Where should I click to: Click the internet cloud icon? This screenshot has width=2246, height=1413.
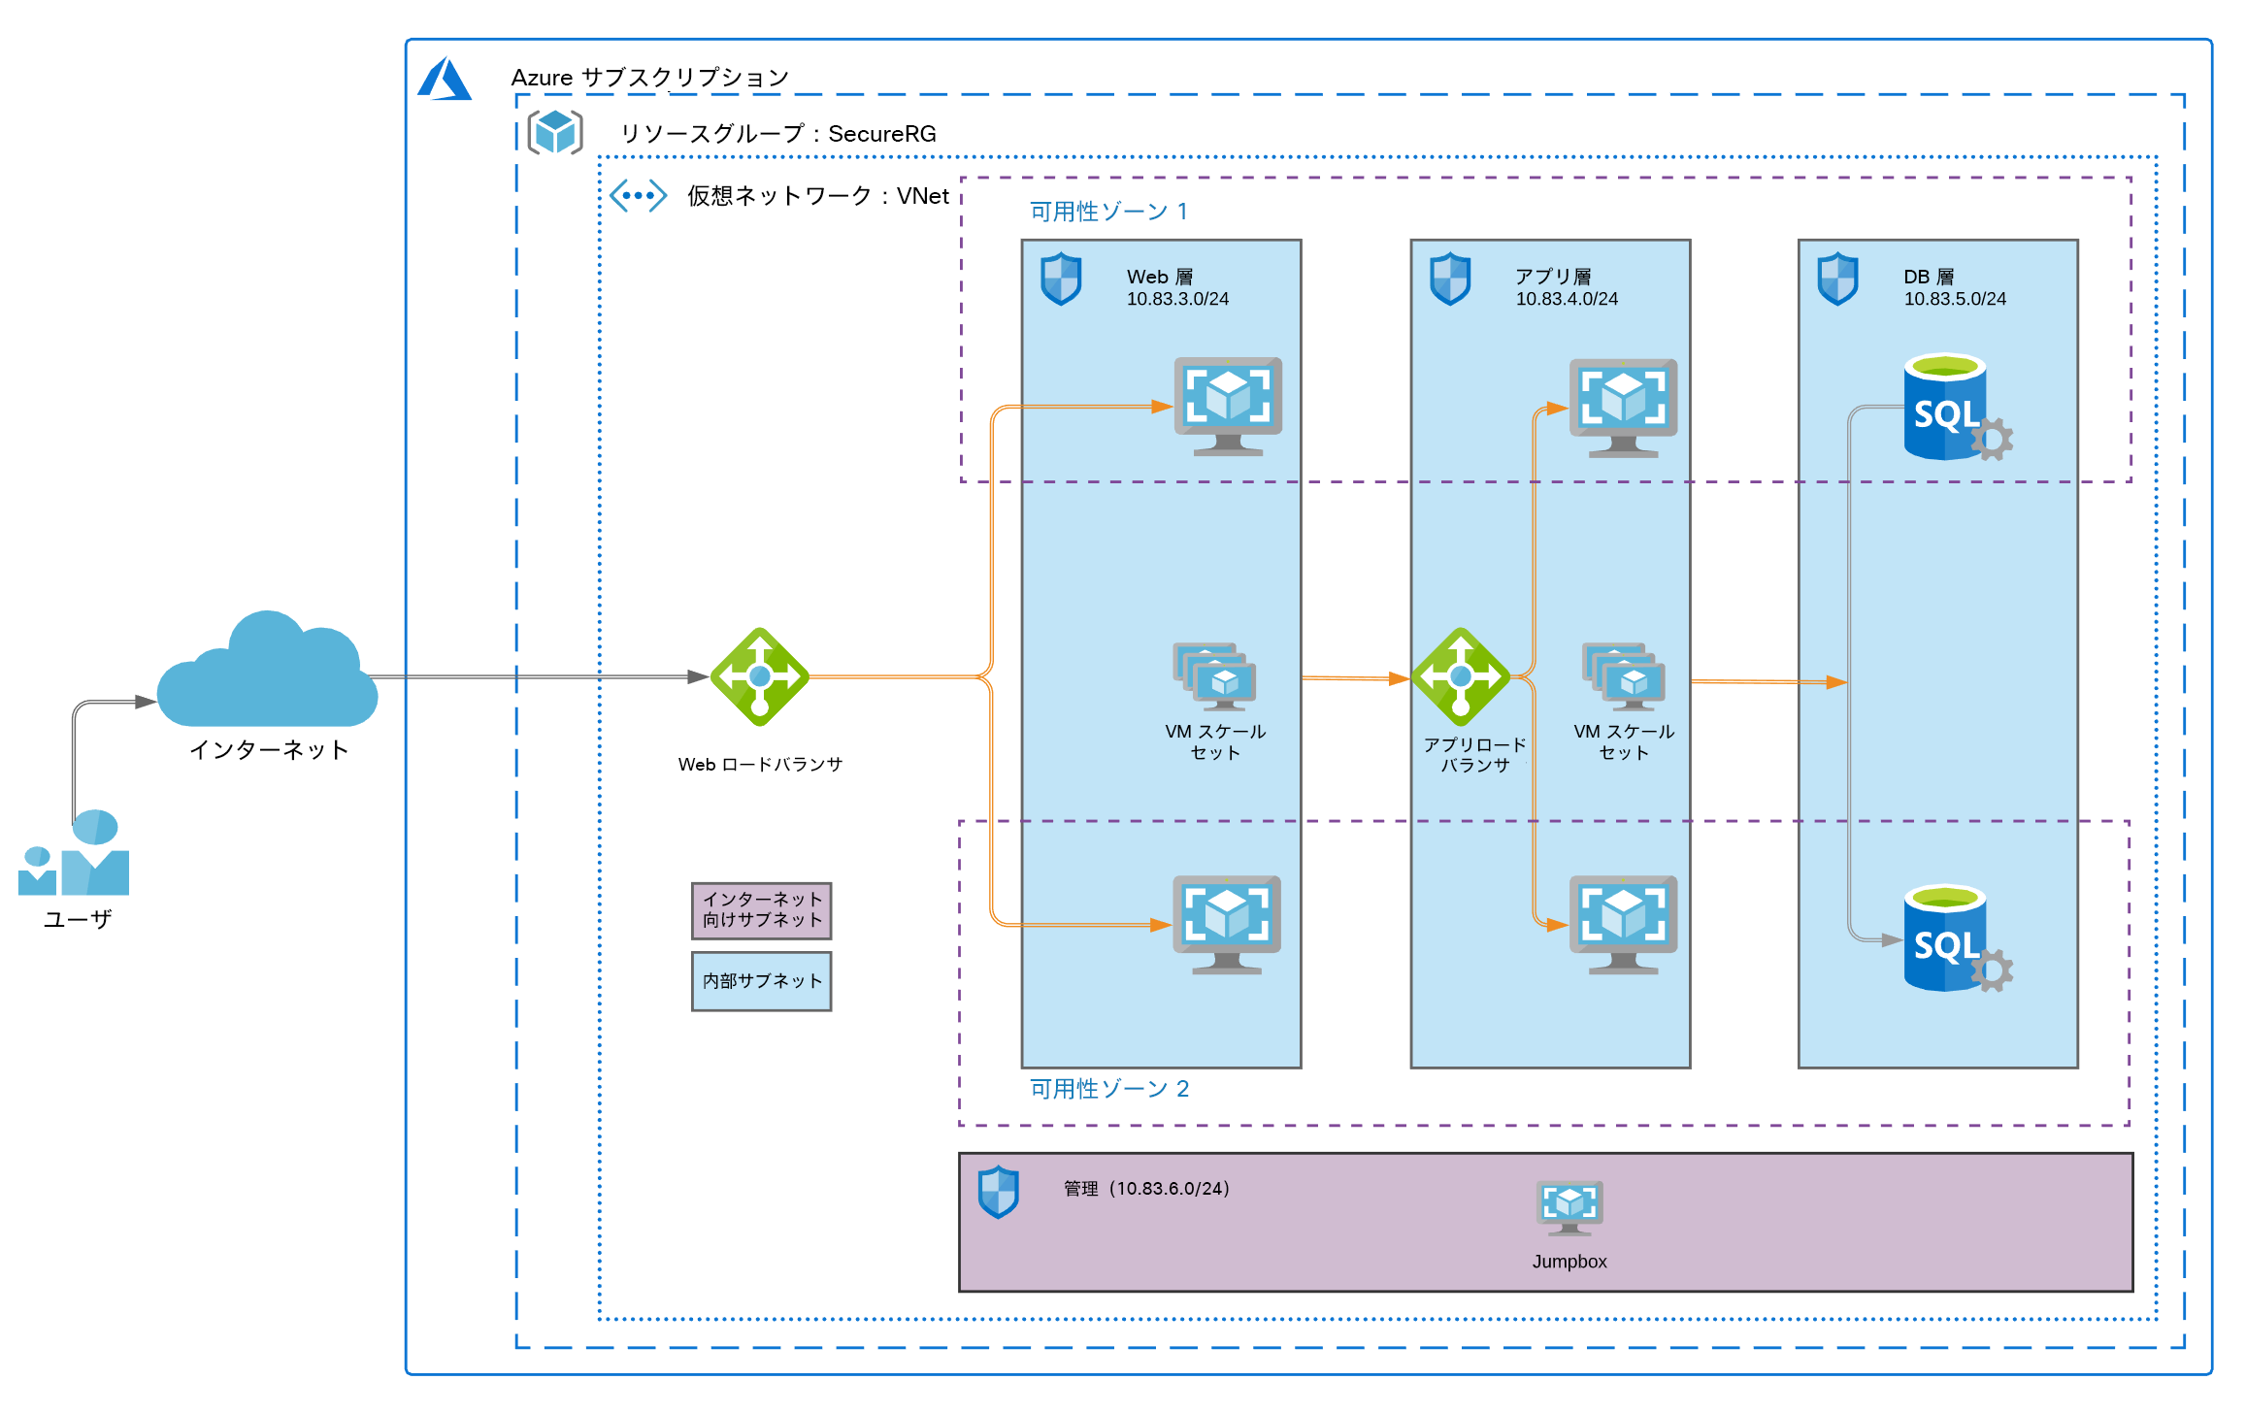(267, 674)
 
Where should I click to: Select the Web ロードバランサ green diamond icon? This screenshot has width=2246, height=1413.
(760, 676)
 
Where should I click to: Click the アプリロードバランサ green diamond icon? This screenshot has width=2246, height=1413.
(1461, 676)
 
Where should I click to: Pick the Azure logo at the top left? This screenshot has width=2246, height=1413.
(445, 79)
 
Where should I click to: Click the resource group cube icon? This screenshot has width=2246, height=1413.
(555, 132)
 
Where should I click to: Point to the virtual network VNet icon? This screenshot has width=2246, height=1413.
(638, 195)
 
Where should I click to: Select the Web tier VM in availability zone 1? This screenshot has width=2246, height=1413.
(1228, 406)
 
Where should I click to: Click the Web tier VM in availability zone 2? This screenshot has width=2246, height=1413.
(1227, 924)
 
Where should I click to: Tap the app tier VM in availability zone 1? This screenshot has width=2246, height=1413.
(1623, 408)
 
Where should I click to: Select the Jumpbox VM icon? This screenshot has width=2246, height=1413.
(1569, 1207)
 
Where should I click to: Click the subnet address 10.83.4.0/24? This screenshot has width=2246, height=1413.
(1567, 299)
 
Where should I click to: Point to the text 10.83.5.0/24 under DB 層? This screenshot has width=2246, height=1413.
(1954, 299)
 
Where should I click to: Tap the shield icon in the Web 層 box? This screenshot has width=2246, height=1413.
(1061, 279)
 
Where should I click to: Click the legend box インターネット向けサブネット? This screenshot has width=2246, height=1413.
(762, 910)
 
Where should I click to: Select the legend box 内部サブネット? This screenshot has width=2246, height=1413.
(762, 981)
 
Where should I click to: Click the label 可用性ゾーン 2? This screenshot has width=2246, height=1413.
(1108, 1089)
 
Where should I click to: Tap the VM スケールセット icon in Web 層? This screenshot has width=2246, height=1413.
(1215, 676)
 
